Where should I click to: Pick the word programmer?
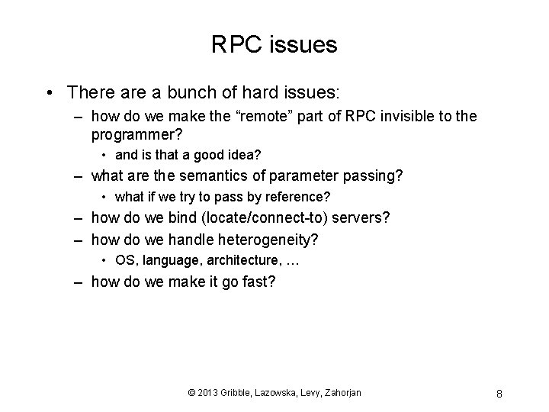135,136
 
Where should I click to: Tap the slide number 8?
498,394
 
